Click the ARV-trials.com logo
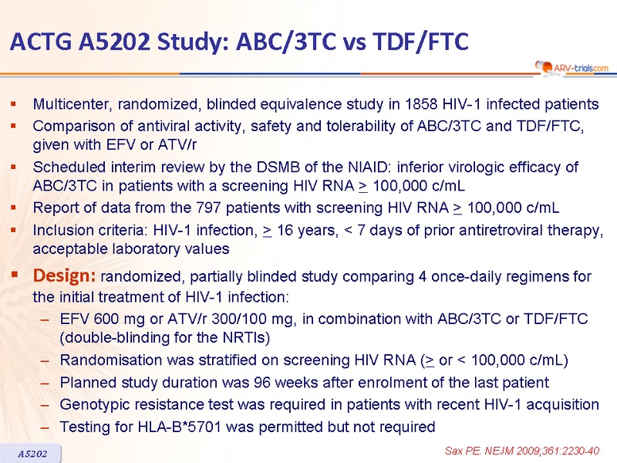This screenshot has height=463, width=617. point(572,68)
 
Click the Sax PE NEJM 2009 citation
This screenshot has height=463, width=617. point(522,451)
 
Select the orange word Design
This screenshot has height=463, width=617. point(64,275)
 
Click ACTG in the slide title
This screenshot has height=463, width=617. point(41,42)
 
